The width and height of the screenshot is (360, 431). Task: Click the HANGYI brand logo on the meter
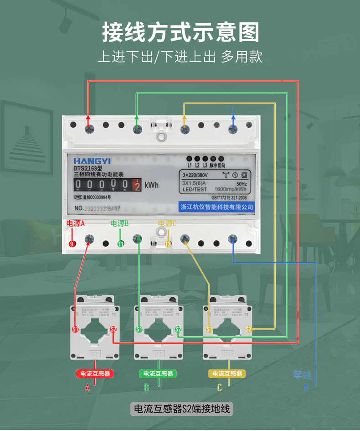pos(92,161)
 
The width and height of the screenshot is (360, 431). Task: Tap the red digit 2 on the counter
pos(136,185)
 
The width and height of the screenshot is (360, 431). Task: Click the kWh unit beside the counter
pos(152,185)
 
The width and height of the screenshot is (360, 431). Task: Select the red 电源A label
pos(76,223)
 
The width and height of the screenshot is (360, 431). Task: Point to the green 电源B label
pos(120,223)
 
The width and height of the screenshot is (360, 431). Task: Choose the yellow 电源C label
pos(167,223)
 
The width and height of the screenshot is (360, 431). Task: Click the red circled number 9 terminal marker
pos(72,244)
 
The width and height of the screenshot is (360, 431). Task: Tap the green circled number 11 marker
pos(121,244)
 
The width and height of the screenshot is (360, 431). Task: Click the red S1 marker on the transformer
pos(76,329)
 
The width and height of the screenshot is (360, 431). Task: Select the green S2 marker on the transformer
pos(179,329)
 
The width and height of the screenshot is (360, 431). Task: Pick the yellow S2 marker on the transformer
pos(249,329)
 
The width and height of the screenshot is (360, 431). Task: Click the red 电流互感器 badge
pos(95,374)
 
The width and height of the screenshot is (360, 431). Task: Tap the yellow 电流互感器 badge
pos(227,374)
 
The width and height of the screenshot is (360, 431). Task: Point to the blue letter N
pos(306,388)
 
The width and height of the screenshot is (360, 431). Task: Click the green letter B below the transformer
pos(147,388)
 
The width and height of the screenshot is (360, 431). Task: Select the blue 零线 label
pos(302,375)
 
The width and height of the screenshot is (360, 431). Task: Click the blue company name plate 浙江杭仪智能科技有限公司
pos(217,207)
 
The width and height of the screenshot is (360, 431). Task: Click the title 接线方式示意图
pos(180,33)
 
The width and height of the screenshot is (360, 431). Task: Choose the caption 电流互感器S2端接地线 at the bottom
pos(181,409)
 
